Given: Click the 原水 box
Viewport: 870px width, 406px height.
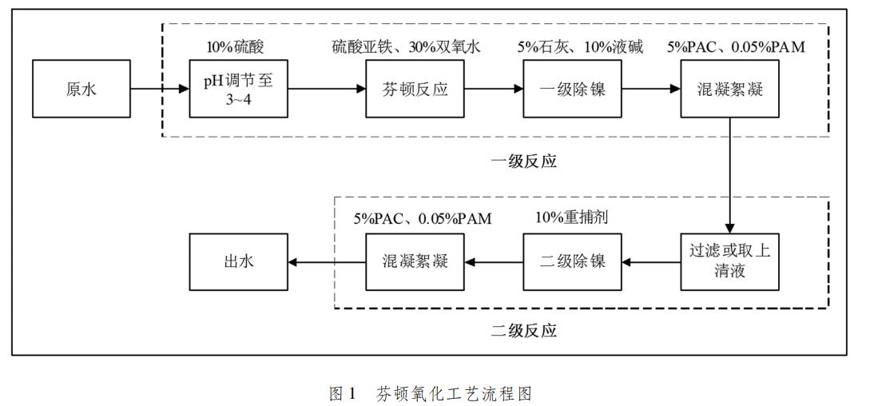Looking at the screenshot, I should (81, 88).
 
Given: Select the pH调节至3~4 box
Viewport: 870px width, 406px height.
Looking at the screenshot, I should (238, 88).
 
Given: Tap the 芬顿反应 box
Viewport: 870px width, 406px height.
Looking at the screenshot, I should (415, 88).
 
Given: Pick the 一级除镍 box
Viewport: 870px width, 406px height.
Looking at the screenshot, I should (572, 88).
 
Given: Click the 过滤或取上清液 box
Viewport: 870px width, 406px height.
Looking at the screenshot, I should (729, 261).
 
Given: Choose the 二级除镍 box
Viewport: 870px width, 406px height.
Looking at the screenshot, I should (572, 261).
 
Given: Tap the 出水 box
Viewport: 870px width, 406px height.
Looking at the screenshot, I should (238, 261).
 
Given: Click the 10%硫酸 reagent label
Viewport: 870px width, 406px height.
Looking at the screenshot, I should (236, 46).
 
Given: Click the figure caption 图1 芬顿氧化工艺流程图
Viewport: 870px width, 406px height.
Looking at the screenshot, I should (431, 392).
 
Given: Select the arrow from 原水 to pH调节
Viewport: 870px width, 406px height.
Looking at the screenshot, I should (160, 88).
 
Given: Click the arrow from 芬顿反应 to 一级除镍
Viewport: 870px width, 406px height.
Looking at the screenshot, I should (493, 88).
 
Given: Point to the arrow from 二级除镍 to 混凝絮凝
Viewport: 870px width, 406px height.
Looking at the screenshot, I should (493, 261).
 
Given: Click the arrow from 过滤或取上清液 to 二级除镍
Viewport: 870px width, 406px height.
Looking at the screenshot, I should (650, 261).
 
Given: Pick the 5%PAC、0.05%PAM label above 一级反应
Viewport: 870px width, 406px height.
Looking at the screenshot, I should (736, 46).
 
